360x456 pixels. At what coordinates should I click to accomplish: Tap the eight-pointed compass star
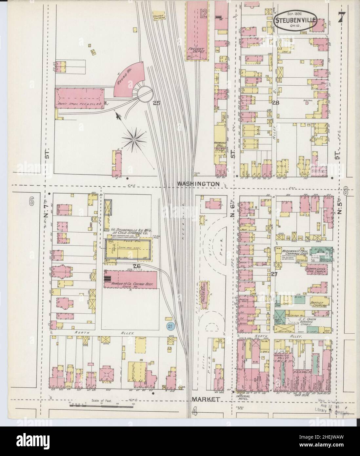coord(134,140)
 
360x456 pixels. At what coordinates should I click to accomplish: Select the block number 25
coord(156,103)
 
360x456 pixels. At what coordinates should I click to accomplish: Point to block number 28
coord(275,103)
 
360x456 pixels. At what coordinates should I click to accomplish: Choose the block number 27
coord(275,274)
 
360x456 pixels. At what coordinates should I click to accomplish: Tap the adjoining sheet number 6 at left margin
coord(31,202)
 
